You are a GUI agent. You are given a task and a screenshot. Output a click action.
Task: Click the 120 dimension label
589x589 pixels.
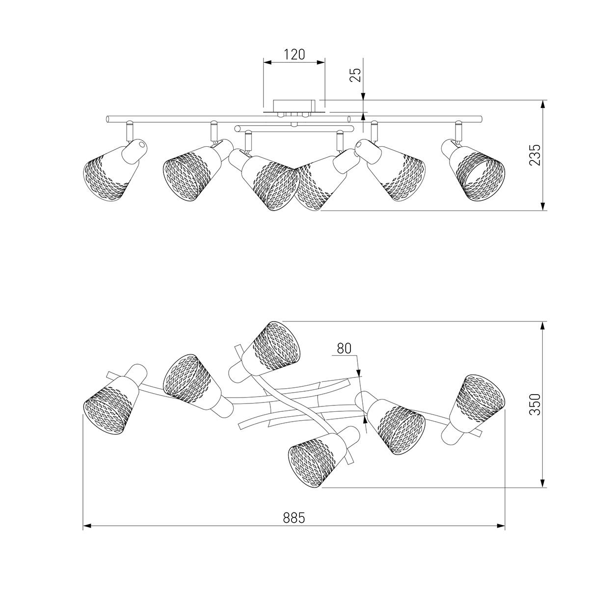294,54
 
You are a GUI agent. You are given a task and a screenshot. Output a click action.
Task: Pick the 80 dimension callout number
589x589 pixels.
344,348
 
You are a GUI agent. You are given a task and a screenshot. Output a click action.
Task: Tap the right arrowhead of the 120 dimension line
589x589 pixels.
321,62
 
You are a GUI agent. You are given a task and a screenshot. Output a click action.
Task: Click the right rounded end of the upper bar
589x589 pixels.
480,119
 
